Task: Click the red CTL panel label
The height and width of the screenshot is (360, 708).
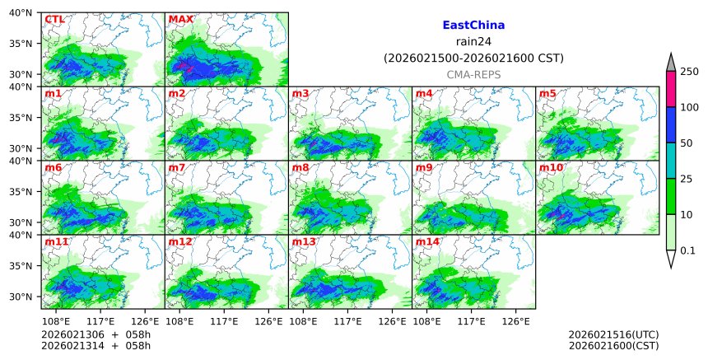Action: [54, 19]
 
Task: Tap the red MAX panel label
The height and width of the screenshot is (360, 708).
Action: [179, 19]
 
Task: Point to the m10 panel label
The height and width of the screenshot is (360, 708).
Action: [552, 167]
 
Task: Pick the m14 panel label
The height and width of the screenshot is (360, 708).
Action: [428, 241]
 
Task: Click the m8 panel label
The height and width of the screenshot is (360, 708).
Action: [301, 167]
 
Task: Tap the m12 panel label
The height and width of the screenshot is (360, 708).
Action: [180, 241]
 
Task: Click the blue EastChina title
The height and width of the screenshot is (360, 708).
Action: [473, 26]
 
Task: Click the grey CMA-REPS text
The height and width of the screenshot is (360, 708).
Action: [473, 74]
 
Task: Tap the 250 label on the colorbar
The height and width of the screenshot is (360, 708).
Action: [689, 72]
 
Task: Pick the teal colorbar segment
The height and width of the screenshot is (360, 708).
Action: [670, 160]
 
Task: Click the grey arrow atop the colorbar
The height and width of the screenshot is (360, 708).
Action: [670, 62]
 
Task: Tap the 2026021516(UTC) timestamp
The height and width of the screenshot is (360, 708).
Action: [613, 334]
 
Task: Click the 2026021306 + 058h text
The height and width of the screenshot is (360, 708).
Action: [90, 334]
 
